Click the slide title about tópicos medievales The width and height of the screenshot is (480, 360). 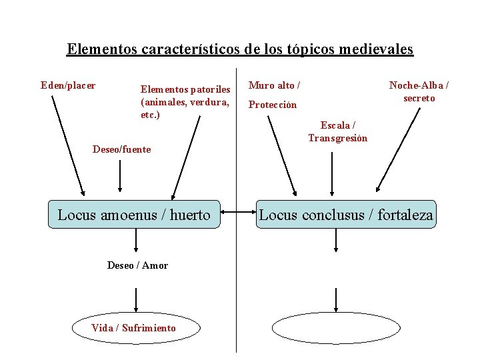[x=240, y=49]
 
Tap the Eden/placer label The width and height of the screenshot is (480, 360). [x=68, y=85]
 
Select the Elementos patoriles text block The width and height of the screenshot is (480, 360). [x=185, y=101]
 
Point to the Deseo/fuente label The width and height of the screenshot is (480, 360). [x=121, y=149]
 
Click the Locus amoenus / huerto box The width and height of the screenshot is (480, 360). [x=134, y=215]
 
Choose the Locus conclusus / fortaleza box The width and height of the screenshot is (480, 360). [x=345, y=215]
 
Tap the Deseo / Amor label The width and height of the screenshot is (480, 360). [x=137, y=265]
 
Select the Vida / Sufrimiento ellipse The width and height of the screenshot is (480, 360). [x=134, y=327]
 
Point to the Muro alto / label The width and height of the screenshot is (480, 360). [x=274, y=85]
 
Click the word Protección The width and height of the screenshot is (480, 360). [x=273, y=105]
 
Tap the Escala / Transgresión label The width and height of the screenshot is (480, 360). [x=337, y=132]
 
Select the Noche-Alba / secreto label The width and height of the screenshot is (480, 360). [x=419, y=92]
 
